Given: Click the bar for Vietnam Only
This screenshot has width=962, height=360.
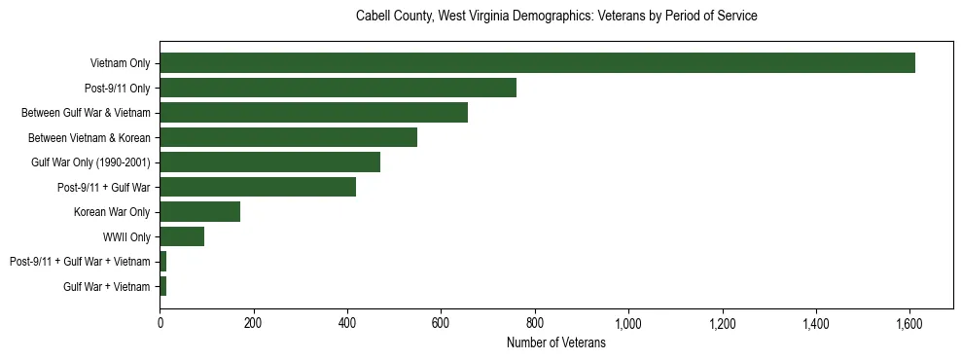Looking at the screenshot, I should (537, 63).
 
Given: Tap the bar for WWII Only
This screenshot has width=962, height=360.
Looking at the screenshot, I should (182, 236).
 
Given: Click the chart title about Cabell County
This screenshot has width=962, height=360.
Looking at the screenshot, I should (556, 17).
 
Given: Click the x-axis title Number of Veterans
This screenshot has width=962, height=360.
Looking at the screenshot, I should (556, 343).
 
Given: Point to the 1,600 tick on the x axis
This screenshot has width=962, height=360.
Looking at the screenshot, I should (909, 323).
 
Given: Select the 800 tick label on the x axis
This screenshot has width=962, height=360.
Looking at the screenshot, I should (534, 323).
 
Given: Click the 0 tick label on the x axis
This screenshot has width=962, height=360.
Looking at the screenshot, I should (160, 323).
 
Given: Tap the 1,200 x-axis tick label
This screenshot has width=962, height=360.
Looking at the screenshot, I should (722, 323).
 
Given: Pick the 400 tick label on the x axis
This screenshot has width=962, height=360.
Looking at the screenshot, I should (347, 323).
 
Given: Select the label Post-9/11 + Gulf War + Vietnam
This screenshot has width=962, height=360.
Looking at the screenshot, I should (80, 262).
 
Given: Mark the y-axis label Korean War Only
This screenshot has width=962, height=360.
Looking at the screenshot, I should (112, 212).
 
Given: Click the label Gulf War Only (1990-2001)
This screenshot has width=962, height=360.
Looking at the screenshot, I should (90, 162).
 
